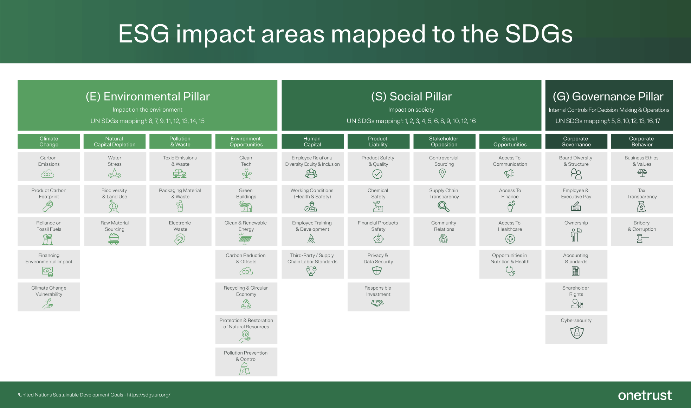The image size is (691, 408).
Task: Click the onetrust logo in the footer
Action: pos(645,395)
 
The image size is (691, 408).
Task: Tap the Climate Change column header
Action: pos(49,142)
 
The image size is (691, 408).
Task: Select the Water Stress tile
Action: pos(115,166)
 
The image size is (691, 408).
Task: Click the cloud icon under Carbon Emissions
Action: pos(48,174)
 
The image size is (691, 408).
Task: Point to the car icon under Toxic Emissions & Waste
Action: pos(180,173)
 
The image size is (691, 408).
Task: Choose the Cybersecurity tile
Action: pos(576,329)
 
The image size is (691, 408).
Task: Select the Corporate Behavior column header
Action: pos(641,142)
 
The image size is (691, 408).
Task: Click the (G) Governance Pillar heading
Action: pos(608,97)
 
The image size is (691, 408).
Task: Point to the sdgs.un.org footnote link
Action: pos(149,395)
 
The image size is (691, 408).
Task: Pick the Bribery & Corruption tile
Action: pos(641,232)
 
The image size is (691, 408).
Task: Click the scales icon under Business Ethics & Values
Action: pos(642,173)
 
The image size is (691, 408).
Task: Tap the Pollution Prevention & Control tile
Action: pos(246,362)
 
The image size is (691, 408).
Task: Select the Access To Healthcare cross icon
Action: pos(510,239)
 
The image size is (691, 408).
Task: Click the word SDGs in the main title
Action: pos(539,34)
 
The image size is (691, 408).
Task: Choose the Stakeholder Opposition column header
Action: pos(444,142)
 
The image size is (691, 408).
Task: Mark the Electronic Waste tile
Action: pos(180,232)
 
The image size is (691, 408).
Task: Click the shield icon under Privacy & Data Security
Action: pos(377,271)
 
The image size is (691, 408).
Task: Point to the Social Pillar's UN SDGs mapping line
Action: pos(411,121)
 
